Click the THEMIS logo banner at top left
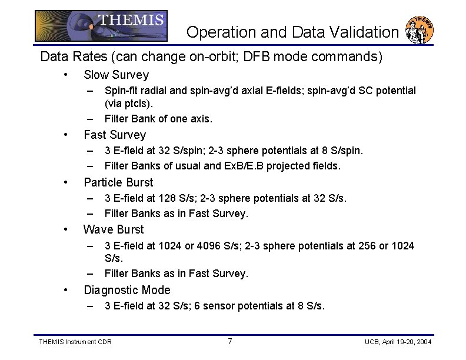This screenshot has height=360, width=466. pyautogui.click(x=101, y=26)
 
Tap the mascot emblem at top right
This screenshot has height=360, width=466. pyautogui.click(x=420, y=29)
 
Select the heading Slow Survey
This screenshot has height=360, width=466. pyautogui.click(x=116, y=75)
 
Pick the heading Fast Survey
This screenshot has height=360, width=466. pyautogui.click(x=115, y=135)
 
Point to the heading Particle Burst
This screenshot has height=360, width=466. pyautogui.click(x=118, y=182)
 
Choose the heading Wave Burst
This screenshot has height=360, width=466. pyautogui.click(x=114, y=229)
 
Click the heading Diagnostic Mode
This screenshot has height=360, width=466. pyautogui.click(x=127, y=290)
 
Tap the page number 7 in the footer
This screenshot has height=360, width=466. pyautogui.click(x=230, y=342)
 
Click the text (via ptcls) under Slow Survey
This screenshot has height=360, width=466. pyautogui.click(x=129, y=104)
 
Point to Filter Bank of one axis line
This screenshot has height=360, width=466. pyautogui.click(x=158, y=119)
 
